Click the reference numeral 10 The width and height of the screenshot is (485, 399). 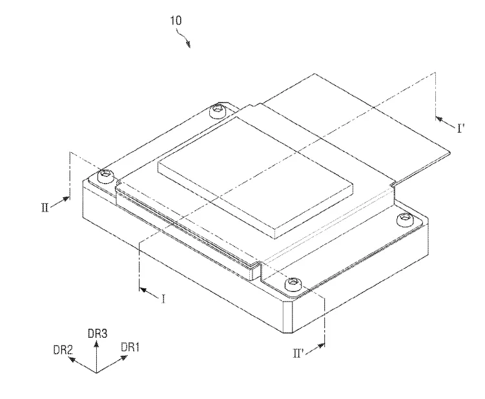coord(176,21)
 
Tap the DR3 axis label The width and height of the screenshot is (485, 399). coord(98,334)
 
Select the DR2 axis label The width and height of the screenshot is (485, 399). coord(63,350)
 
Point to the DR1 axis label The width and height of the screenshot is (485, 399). coord(130,347)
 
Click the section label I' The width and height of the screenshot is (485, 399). coord(461,128)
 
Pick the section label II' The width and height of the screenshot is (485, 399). coord(298,353)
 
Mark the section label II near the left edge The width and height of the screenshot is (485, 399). coord(45,207)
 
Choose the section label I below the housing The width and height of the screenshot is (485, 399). coord(163,298)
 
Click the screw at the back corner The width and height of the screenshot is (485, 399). coord(217,110)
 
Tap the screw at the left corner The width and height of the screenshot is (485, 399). coord(106,176)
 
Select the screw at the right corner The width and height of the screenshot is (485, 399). coord(404,220)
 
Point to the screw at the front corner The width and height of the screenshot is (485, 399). coord(293,283)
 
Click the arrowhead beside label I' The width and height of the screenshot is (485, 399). coord(439,119)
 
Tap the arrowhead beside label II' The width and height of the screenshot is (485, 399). coord(321,345)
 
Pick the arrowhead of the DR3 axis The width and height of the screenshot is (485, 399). coord(96,343)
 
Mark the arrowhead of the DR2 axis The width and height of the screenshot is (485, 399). coord(72,360)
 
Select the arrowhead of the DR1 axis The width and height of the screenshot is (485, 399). coord(124,358)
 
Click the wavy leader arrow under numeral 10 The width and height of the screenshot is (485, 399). coord(183,37)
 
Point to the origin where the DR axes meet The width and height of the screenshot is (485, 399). coord(96,373)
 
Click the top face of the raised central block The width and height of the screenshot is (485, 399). coord(256,175)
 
